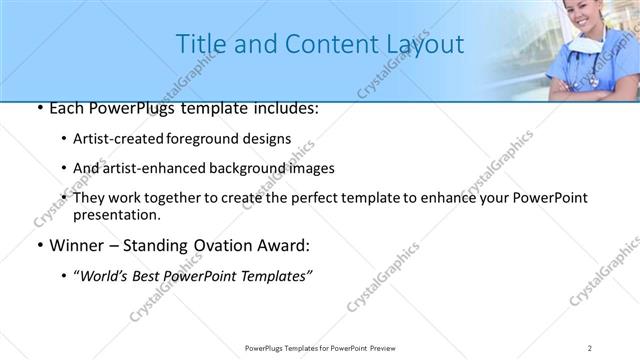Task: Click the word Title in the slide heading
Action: pyautogui.click(x=199, y=44)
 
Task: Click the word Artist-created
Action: pyautogui.click(x=117, y=138)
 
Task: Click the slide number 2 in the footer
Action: pyautogui.click(x=590, y=347)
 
